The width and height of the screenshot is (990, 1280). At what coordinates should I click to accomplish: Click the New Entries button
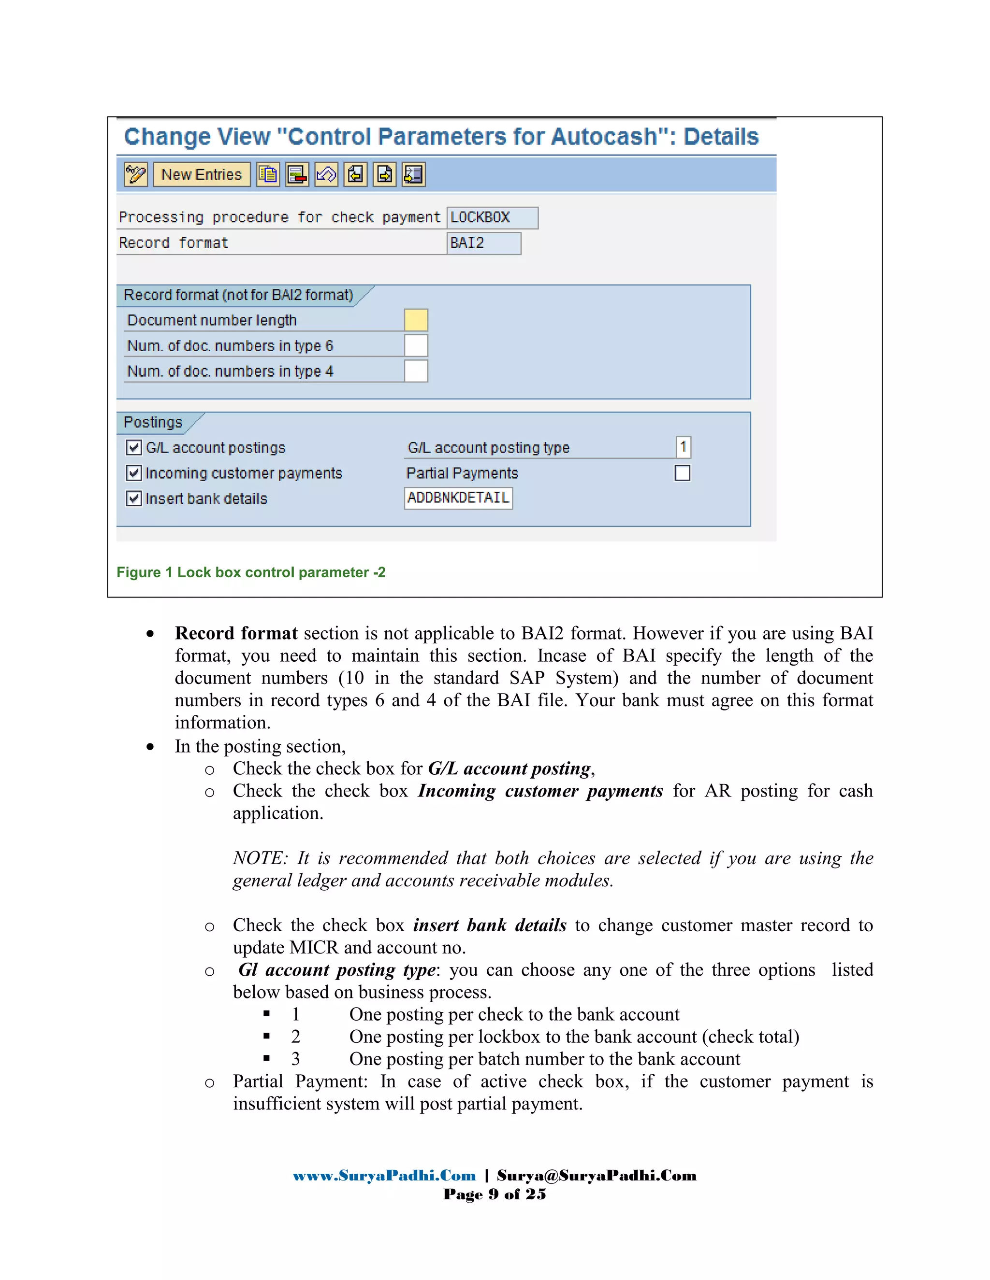(x=201, y=175)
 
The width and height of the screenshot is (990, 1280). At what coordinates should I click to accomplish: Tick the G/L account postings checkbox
(x=134, y=448)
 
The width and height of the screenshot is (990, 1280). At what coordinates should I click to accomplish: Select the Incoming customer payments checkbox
(x=134, y=473)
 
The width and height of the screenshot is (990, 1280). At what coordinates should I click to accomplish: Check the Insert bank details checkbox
(x=134, y=499)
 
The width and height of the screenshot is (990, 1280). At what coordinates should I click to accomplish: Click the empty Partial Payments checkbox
(x=682, y=473)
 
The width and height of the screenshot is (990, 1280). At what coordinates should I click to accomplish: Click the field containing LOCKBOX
(x=492, y=217)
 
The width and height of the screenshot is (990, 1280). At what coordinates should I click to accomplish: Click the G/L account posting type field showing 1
(x=683, y=447)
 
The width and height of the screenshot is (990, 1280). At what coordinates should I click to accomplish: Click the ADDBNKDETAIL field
(x=458, y=498)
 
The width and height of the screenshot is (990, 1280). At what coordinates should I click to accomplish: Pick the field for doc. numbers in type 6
(x=416, y=346)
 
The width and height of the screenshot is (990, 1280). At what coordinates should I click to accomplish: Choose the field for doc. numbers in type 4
(x=416, y=371)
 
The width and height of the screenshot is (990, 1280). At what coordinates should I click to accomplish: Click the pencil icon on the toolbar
(x=135, y=175)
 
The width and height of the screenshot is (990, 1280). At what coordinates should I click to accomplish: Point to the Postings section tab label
(x=153, y=423)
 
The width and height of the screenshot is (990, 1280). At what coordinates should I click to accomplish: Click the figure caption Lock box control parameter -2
(x=251, y=572)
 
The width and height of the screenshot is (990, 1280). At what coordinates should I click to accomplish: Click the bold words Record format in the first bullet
(x=236, y=634)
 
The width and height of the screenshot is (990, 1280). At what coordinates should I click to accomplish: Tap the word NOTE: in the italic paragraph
(x=260, y=858)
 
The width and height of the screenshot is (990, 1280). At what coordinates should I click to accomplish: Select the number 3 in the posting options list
(x=295, y=1059)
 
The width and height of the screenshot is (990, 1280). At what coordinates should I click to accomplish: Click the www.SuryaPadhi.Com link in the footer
(x=384, y=1176)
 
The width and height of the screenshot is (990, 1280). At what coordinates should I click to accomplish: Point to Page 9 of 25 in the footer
(x=495, y=1195)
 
